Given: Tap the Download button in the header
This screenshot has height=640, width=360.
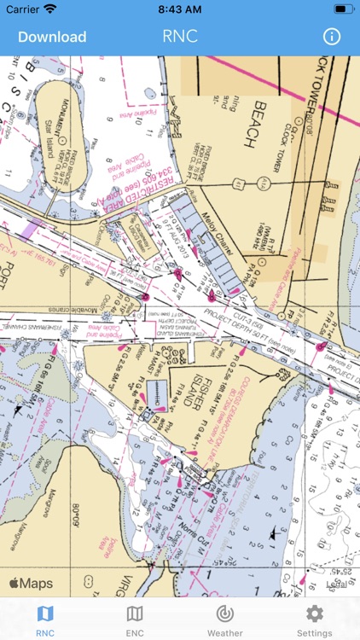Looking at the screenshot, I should pos(52,37).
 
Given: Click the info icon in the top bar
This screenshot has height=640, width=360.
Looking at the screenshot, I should pos(331,37).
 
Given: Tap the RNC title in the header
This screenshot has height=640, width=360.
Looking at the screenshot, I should pos(179,37).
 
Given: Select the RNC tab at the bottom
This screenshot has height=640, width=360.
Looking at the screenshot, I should pos(45,620).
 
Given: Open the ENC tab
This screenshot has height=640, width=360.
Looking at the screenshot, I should pos(135,620).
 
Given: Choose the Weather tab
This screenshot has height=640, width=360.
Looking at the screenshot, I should pos(224,620).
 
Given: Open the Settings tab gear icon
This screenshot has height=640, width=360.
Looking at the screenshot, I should pos(314,614).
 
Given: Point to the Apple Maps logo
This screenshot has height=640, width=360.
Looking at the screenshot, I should pos(31,584).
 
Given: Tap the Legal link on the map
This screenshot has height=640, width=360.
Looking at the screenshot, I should pos(335,585).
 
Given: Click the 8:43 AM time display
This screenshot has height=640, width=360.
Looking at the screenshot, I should pos(179,9).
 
